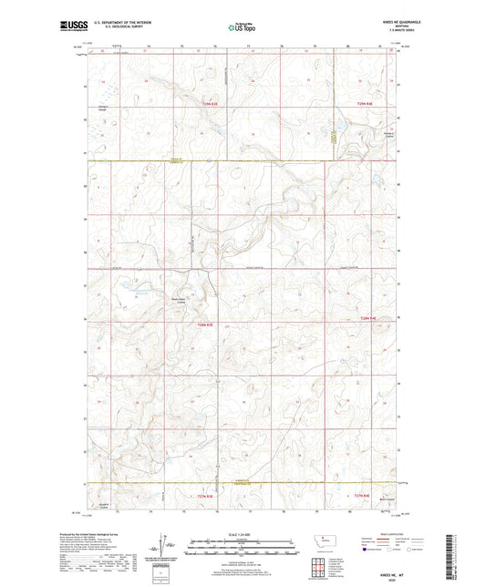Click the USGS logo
pos(68,27)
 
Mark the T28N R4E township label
pos(367,317)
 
